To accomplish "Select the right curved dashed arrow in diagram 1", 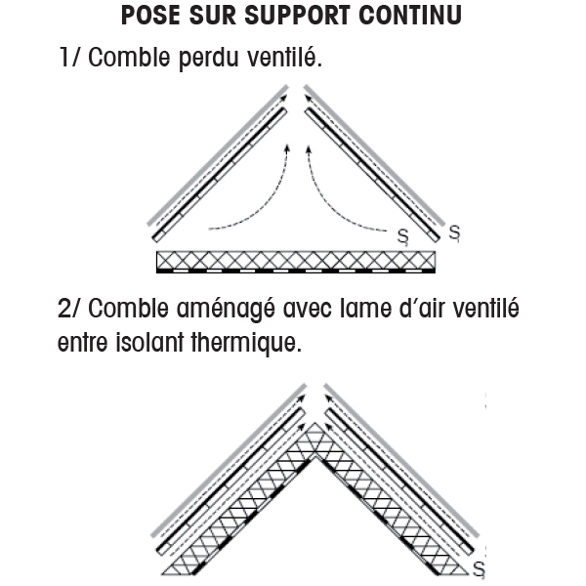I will [332, 200].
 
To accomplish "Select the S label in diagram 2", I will [479, 566].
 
